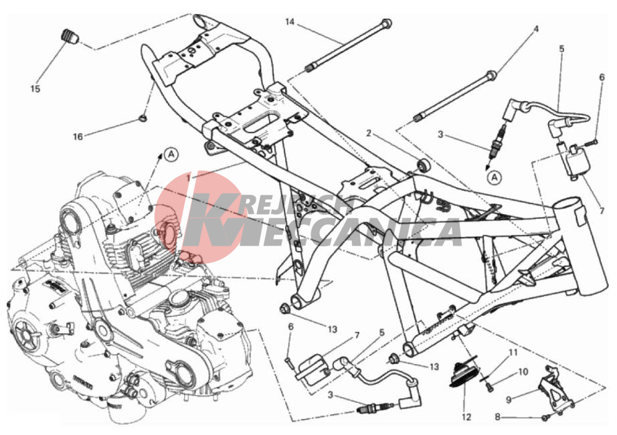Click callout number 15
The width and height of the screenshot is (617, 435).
[x=35, y=88]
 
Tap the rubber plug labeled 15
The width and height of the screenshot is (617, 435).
[x=70, y=36]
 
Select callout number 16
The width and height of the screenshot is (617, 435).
[x=78, y=137]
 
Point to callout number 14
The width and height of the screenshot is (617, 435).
[x=290, y=21]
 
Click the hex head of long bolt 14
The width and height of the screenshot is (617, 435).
[x=387, y=23]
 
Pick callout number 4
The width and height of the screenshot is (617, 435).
[x=535, y=29]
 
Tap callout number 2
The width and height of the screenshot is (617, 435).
[x=368, y=133]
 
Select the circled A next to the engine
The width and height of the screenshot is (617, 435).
[x=171, y=154]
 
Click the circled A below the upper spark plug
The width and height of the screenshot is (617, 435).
[x=495, y=177]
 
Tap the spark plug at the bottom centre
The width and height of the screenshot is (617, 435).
[x=375, y=408]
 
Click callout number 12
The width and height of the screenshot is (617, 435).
[x=466, y=417]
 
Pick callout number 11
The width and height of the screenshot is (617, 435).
[x=513, y=352]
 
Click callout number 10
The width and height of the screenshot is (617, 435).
[x=523, y=372]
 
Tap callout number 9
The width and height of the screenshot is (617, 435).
[x=509, y=400]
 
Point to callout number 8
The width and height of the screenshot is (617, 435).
[x=497, y=417]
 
